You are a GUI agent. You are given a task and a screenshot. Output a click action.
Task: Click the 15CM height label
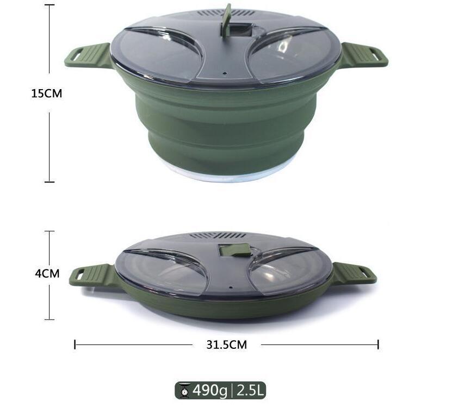tap(46, 93)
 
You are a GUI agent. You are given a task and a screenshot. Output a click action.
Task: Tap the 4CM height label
tap(47, 273)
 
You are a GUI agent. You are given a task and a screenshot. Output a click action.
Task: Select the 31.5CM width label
tap(226, 344)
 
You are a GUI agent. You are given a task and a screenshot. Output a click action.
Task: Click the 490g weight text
tap(210, 390)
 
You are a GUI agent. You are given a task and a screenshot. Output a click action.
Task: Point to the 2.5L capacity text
tap(250, 390)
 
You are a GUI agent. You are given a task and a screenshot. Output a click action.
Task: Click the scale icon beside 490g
tap(185, 390)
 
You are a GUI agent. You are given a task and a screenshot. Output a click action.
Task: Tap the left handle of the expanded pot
tap(87, 56)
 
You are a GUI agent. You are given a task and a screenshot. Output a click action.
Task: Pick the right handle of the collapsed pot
tap(354, 273)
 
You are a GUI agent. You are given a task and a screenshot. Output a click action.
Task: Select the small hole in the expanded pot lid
tap(224, 72)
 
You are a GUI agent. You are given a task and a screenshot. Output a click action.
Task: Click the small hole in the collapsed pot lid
tap(230, 287)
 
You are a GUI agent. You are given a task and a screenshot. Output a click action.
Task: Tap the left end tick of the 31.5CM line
tap(75, 344)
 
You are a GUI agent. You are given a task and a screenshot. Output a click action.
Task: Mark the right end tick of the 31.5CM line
tap(378, 344)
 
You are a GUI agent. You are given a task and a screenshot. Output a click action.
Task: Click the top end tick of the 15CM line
tap(49, 5)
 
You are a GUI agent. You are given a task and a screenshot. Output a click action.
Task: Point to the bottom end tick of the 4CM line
tap(49, 319)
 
